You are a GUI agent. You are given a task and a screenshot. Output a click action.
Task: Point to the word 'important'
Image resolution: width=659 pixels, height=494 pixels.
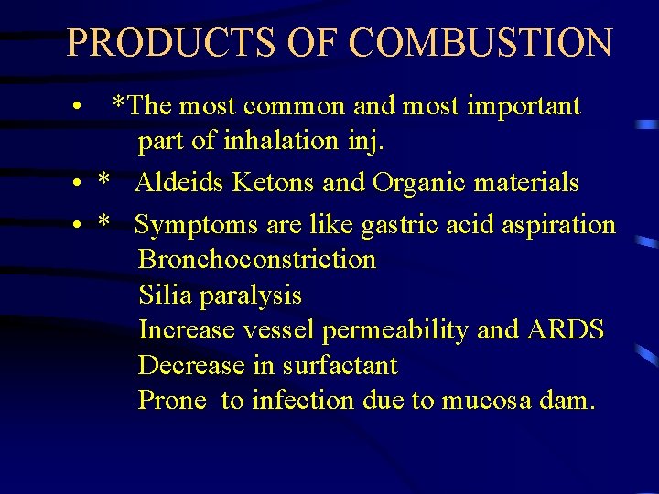(x=524, y=106)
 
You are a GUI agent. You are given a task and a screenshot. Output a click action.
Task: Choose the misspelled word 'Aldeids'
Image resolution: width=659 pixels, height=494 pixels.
(x=179, y=183)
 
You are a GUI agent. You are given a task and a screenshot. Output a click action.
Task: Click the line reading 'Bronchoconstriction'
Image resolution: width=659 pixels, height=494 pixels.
(x=257, y=260)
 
